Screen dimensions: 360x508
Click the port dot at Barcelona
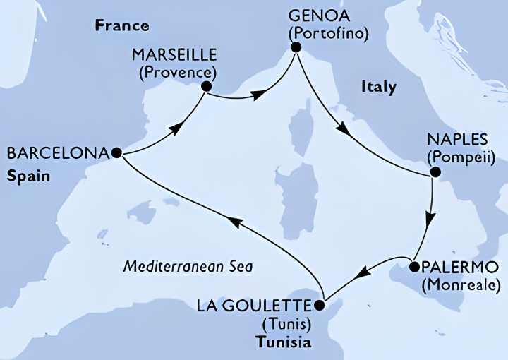click(x=116, y=152)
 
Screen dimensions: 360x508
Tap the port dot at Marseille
click(x=207, y=87)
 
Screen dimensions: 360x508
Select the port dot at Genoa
click(x=296, y=47)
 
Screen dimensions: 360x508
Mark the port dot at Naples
click(x=435, y=172)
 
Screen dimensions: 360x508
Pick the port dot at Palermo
click(x=414, y=268)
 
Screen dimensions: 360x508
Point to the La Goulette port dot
click(x=319, y=306)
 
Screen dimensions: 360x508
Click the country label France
click(x=122, y=26)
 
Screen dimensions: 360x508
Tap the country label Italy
click(x=378, y=87)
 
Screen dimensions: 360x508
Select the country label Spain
click(x=29, y=176)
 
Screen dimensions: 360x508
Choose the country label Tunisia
click(x=282, y=344)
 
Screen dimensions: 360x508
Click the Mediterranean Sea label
click(x=188, y=267)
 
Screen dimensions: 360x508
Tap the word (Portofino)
click(x=328, y=32)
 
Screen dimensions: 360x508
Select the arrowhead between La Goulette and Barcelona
click(x=238, y=223)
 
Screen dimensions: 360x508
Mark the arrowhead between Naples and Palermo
click(x=429, y=219)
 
